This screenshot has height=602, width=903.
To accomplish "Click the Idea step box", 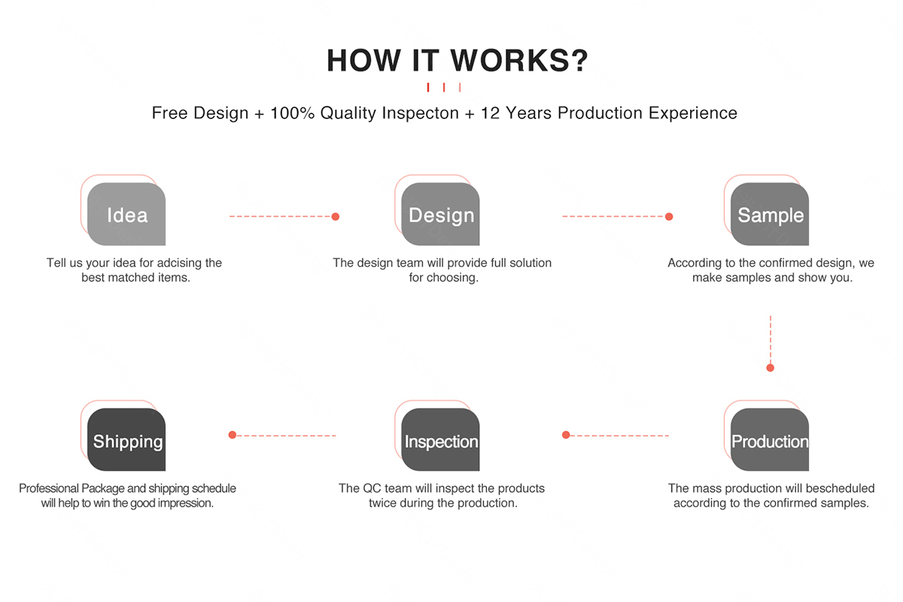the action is pos(126,214).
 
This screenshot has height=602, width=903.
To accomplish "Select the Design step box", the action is pos(440,214).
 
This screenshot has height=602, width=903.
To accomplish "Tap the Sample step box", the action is pos(770,214).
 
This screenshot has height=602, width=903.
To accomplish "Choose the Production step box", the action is pos(770,439).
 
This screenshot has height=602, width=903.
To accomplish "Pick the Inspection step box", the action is pos(440,439).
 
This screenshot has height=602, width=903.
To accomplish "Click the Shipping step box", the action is pos(126,439).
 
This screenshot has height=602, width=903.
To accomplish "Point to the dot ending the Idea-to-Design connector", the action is pos(336,217).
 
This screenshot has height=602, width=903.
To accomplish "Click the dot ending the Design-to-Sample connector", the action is pos(669,217).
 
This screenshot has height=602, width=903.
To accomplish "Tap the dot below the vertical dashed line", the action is pos(771,368).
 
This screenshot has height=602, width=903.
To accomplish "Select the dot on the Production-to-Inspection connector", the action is pos(566,435).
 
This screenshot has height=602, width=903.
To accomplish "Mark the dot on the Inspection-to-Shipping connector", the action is pos(233,435).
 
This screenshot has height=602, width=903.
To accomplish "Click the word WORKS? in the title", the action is pos(519,60).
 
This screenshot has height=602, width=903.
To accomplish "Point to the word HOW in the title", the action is pos(363,60).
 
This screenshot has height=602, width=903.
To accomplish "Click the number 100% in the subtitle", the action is pos(292,113).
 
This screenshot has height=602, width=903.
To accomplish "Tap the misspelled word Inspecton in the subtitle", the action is pos(421,114).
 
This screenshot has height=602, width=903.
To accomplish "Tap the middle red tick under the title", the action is pos(444,87).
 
